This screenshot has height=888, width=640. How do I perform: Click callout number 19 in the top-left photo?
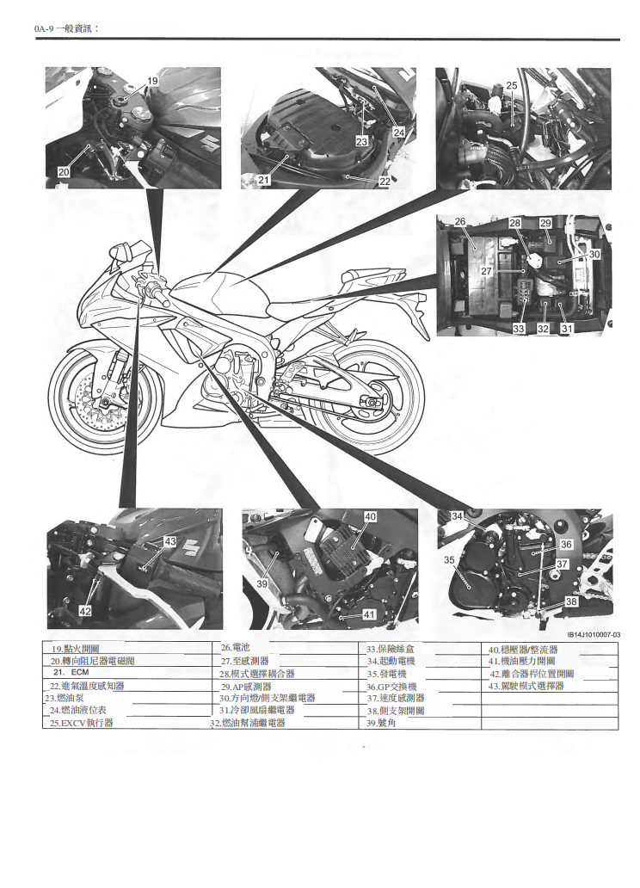point(152,81)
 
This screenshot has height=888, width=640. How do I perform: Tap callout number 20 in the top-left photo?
point(65,172)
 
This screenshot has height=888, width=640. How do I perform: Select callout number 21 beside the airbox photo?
point(264,181)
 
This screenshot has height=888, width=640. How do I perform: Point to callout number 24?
point(399,133)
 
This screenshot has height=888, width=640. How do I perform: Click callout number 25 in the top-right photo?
point(511,85)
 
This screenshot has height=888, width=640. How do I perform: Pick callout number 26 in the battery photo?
point(460,222)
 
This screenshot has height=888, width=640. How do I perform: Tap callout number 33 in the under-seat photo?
point(519,329)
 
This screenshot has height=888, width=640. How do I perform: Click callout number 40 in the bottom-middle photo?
point(370,517)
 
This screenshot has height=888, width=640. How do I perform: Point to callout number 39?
point(262,583)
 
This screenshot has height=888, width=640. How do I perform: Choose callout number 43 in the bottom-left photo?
point(169,541)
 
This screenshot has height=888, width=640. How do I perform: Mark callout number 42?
point(85,610)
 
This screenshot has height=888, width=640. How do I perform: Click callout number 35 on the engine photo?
point(449,560)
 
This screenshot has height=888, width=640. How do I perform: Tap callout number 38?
point(571,602)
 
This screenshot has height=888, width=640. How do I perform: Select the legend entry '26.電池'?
point(235,647)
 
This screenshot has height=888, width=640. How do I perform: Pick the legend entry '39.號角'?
point(382,724)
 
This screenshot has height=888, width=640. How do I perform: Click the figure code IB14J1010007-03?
point(593,635)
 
